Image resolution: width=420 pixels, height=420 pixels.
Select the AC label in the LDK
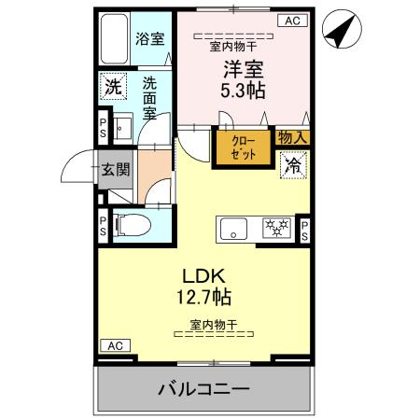coord(114,346)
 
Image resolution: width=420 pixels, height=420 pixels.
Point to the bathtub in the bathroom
coord(116,41)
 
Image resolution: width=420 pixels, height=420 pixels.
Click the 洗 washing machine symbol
coord(112,90)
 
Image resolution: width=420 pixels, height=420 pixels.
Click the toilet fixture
coord(130,225)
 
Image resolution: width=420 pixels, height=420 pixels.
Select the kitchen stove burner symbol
coord(275,227)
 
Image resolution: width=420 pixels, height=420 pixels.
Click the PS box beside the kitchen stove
coord(304,229)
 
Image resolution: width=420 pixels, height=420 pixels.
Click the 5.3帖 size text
coord(242,91)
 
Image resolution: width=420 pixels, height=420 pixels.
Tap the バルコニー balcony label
coord(203,387)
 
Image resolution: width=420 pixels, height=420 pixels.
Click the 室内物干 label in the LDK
coord(214,325)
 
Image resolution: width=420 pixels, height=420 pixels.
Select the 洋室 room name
coord(241,68)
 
